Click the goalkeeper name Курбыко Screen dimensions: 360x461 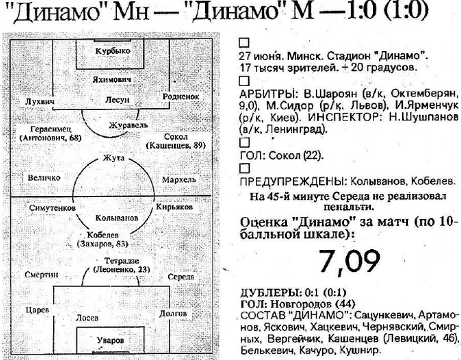tap(113, 50)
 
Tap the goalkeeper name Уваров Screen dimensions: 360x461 tap(111, 340)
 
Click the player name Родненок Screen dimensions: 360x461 tap(181, 98)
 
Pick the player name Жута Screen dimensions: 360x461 tap(113, 158)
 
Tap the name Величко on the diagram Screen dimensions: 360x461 tap(45, 178)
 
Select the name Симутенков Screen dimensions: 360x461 tap(52, 207)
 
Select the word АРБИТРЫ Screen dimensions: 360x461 tap(264, 92)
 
